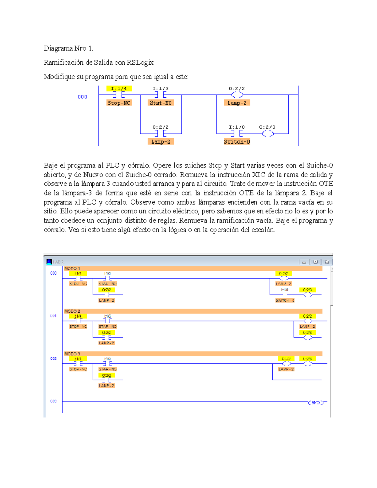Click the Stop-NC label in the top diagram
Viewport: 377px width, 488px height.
tap(119, 103)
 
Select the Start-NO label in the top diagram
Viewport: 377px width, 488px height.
tap(161, 103)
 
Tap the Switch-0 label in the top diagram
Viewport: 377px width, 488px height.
tap(237, 142)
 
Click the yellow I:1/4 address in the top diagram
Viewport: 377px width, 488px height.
tap(119, 89)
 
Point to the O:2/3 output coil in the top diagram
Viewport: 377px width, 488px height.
tap(268, 134)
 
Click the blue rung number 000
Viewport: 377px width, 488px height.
tap(82, 97)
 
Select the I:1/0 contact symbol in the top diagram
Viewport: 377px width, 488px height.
tap(237, 134)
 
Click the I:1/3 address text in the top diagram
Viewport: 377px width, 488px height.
tap(161, 89)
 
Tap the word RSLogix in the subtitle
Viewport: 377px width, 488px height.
tap(140, 63)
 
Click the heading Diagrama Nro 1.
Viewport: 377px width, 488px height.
tap(68, 48)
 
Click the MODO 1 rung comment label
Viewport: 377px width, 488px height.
tap(72, 269)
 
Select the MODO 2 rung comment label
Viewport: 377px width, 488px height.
tap(72, 311)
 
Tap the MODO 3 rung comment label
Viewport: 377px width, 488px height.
tap(72, 354)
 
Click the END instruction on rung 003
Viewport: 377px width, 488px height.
tap(316, 403)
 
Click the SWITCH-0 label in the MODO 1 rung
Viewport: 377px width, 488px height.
tap(285, 300)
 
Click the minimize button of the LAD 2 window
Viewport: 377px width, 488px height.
tap(304, 262)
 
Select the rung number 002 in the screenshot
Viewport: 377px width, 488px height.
tap(53, 359)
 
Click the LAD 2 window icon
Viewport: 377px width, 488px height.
tap(49, 262)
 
